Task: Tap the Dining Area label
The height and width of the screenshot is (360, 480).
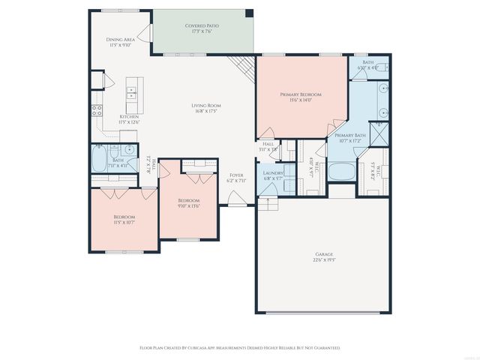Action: (x=119, y=39)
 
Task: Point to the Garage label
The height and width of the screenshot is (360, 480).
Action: (x=324, y=254)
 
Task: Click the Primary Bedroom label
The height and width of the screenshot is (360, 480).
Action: (x=301, y=94)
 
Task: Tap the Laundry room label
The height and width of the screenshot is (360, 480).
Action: (x=273, y=172)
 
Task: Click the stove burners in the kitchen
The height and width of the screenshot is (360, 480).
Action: (x=97, y=111)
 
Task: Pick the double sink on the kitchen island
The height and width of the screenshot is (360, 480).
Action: (x=132, y=93)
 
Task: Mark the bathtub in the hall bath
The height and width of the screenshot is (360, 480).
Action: (x=100, y=159)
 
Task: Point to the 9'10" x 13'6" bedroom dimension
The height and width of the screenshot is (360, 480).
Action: (x=189, y=207)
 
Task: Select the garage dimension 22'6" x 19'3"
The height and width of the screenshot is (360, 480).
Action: (x=324, y=261)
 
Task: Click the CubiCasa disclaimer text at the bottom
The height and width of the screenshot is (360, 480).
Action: (x=240, y=348)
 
